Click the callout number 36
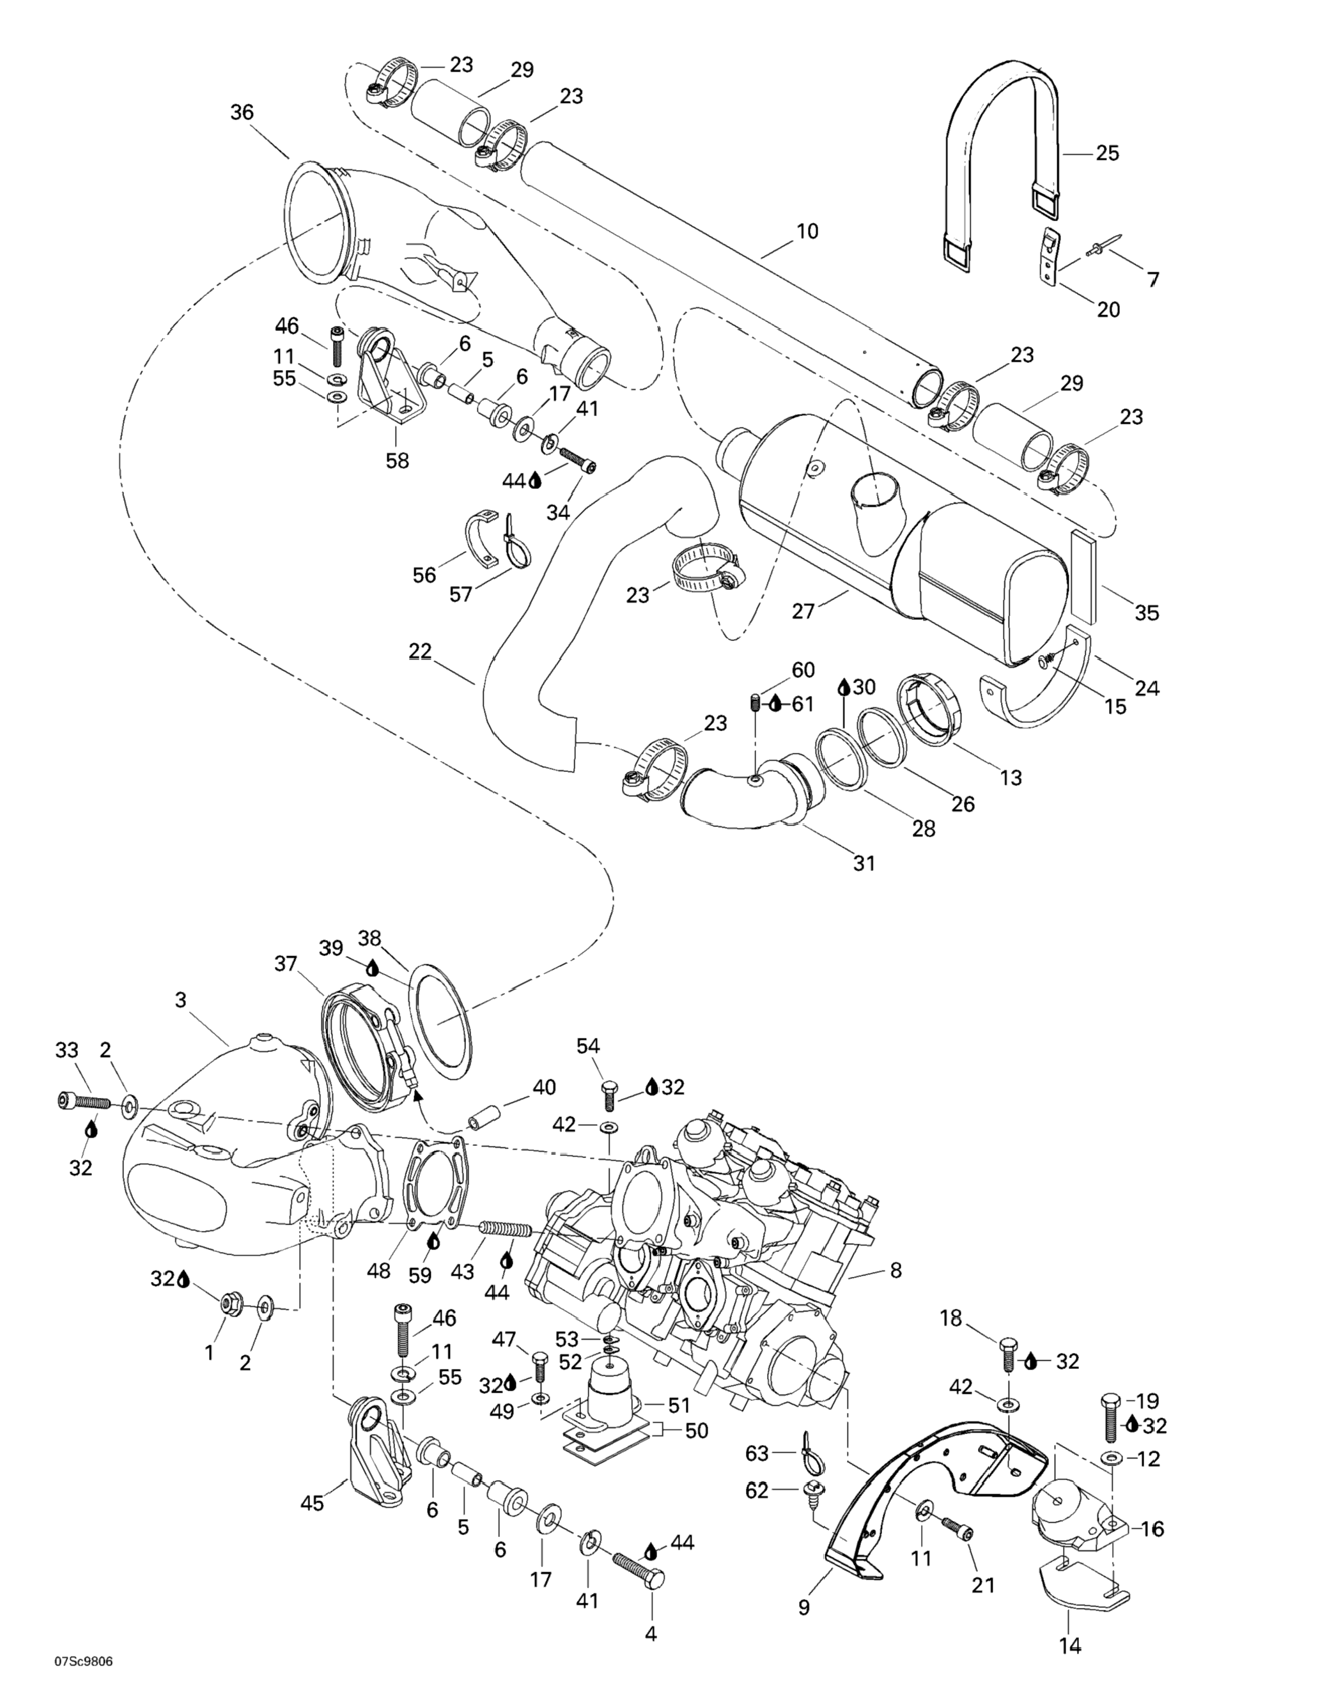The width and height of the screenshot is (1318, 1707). click(242, 112)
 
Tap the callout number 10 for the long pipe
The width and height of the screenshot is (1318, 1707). click(807, 231)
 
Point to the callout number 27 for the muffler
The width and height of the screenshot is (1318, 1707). click(803, 610)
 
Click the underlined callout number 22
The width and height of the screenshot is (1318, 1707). click(420, 651)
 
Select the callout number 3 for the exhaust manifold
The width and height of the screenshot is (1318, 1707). click(181, 1000)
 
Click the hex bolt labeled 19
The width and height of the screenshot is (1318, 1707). click(1110, 1416)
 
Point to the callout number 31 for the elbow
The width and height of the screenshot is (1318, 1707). click(864, 863)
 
